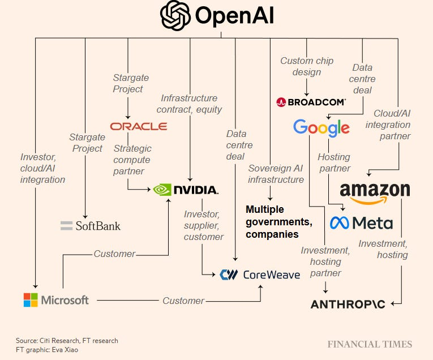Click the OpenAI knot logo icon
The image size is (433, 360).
click(x=175, y=15)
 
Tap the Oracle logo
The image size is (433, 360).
click(x=139, y=126)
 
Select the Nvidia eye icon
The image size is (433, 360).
click(x=162, y=189)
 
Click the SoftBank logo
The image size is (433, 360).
click(x=91, y=226)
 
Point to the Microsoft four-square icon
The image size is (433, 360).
click(x=31, y=300)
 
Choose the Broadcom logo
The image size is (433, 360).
click(x=311, y=102)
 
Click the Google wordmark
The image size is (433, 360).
click(x=321, y=128)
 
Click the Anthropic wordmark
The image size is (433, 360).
click(x=348, y=304)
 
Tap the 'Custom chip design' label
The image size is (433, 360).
click(x=307, y=66)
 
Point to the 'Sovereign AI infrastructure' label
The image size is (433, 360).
click(x=276, y=173)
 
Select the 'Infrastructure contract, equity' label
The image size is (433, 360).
click(x=189, y=104)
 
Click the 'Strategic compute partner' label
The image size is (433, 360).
click(x=132, y=160)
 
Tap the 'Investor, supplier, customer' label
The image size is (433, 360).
click(x=204, y=225)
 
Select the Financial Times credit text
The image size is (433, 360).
click(x=369, y=344)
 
